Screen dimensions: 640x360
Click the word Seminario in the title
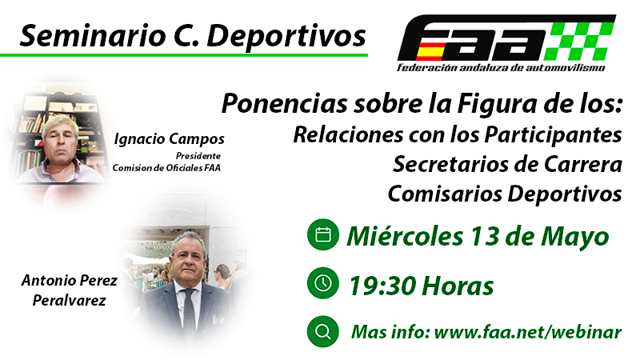tap(92, 36)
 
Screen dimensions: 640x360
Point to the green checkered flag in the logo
tap(581, 41)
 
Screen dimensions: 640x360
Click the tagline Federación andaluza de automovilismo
tap(502, 67)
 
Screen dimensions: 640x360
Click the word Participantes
tap(553, 135)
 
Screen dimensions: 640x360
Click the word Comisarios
tap(445, 193)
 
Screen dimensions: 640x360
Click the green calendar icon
tap(323, 234)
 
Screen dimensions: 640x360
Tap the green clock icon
tap(323, 283)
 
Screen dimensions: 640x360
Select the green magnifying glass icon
tap(323, 331)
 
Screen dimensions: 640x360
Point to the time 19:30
tap(382, 286)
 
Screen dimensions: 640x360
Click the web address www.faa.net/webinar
tap(528, 332)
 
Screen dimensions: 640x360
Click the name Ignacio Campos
tap(169, 139)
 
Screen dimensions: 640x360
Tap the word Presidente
tap(198, 156)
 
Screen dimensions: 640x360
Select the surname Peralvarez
tap(70, 301)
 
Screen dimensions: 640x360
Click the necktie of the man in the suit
tap(189, 310)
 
